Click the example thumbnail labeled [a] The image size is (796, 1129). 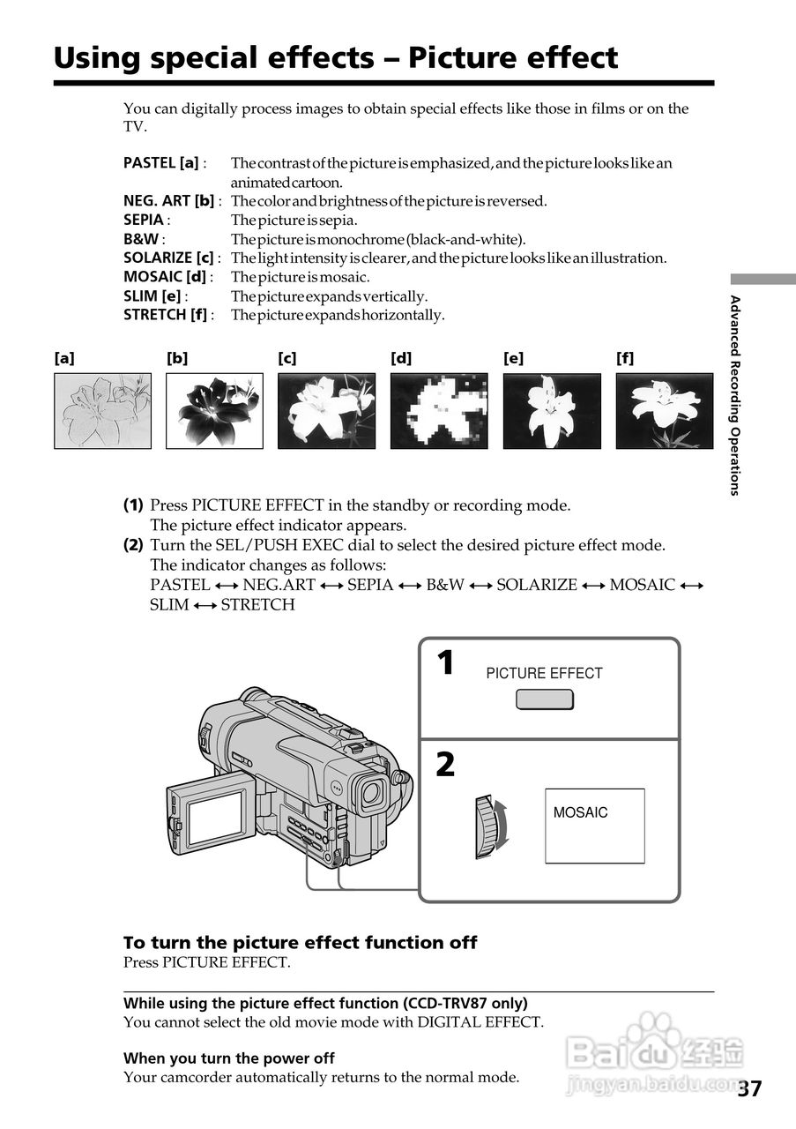pos(102,411)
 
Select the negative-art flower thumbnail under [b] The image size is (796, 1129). pos(214,411)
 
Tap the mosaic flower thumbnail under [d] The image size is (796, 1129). pos(439,411)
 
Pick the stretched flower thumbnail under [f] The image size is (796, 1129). pos(664,411)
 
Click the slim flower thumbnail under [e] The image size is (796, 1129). pos(552,411)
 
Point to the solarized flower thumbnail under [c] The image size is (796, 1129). pos(326,411)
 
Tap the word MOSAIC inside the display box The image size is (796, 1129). pos(580,813)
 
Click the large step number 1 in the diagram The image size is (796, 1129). pos(446,663)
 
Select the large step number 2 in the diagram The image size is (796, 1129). pos(446,765)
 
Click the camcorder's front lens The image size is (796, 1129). pos(371,792)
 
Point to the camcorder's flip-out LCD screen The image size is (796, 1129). pos(217,817)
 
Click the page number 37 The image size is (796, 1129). pos(750,1088)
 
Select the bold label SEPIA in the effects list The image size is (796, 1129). pos(144,220)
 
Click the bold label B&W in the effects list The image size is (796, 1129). pos(140,239)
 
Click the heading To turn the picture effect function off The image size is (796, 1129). pos(300,943)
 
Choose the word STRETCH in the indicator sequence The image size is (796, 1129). pos(257,605)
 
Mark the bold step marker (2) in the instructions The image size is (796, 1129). pos(133,545)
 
